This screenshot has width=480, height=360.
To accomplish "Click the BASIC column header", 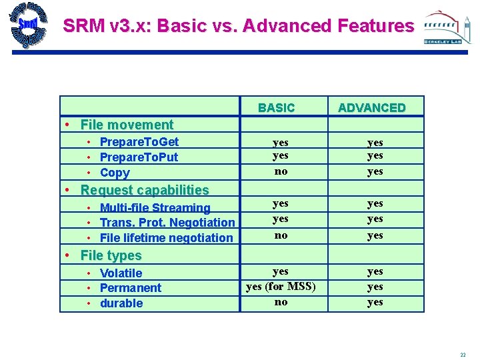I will point(276,108).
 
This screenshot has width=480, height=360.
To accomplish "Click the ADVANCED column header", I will point(371,108).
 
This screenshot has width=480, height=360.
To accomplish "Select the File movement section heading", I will point(126,125).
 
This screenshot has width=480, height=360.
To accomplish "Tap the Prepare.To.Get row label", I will point(139,141).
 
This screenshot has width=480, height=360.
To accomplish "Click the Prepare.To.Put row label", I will point(139,157).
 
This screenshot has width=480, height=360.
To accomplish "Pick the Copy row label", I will point(115,173).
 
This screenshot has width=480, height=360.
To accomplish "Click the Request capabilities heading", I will point(144,190).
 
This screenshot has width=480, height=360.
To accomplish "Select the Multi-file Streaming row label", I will point(155,208).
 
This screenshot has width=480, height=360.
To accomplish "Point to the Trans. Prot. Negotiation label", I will point(167,223).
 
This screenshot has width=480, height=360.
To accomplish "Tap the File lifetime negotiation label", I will point(166,238).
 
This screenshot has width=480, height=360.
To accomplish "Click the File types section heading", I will point(111,255).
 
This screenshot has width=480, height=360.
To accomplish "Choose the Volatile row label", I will point(121,273).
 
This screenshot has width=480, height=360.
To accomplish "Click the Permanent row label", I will point(130,288).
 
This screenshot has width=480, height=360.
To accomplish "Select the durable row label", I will point(121,303).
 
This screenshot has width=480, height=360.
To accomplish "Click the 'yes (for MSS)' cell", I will point(281,287).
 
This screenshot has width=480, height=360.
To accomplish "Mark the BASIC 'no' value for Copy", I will point(281,171).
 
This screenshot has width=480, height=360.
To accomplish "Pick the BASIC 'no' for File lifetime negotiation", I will point(281,235).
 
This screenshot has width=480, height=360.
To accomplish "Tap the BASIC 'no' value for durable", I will point(281,302).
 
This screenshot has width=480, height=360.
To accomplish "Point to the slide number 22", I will point(463,354).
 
